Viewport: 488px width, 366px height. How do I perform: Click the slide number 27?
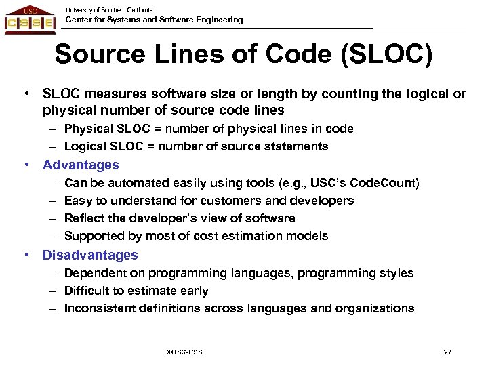(x=447, y=352)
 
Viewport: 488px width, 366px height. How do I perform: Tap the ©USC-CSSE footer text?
(x=186, y=352)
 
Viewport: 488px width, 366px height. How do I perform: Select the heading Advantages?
(x=81, y=165)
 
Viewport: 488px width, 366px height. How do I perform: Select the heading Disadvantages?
(x=90, y=255)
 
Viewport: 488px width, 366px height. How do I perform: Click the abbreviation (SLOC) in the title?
(x=387, y=55)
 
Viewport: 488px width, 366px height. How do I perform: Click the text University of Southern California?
(x=109, y=9)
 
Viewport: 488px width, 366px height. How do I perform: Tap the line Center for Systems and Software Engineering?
(x=154, y=20)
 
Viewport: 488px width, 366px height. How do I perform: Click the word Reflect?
(x=83, y=218)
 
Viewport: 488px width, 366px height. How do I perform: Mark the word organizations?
(x=380, y=308)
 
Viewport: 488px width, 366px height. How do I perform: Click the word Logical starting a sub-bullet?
(x=84, y=146)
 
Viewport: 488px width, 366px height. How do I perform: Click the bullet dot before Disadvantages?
(x=25, y=255)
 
